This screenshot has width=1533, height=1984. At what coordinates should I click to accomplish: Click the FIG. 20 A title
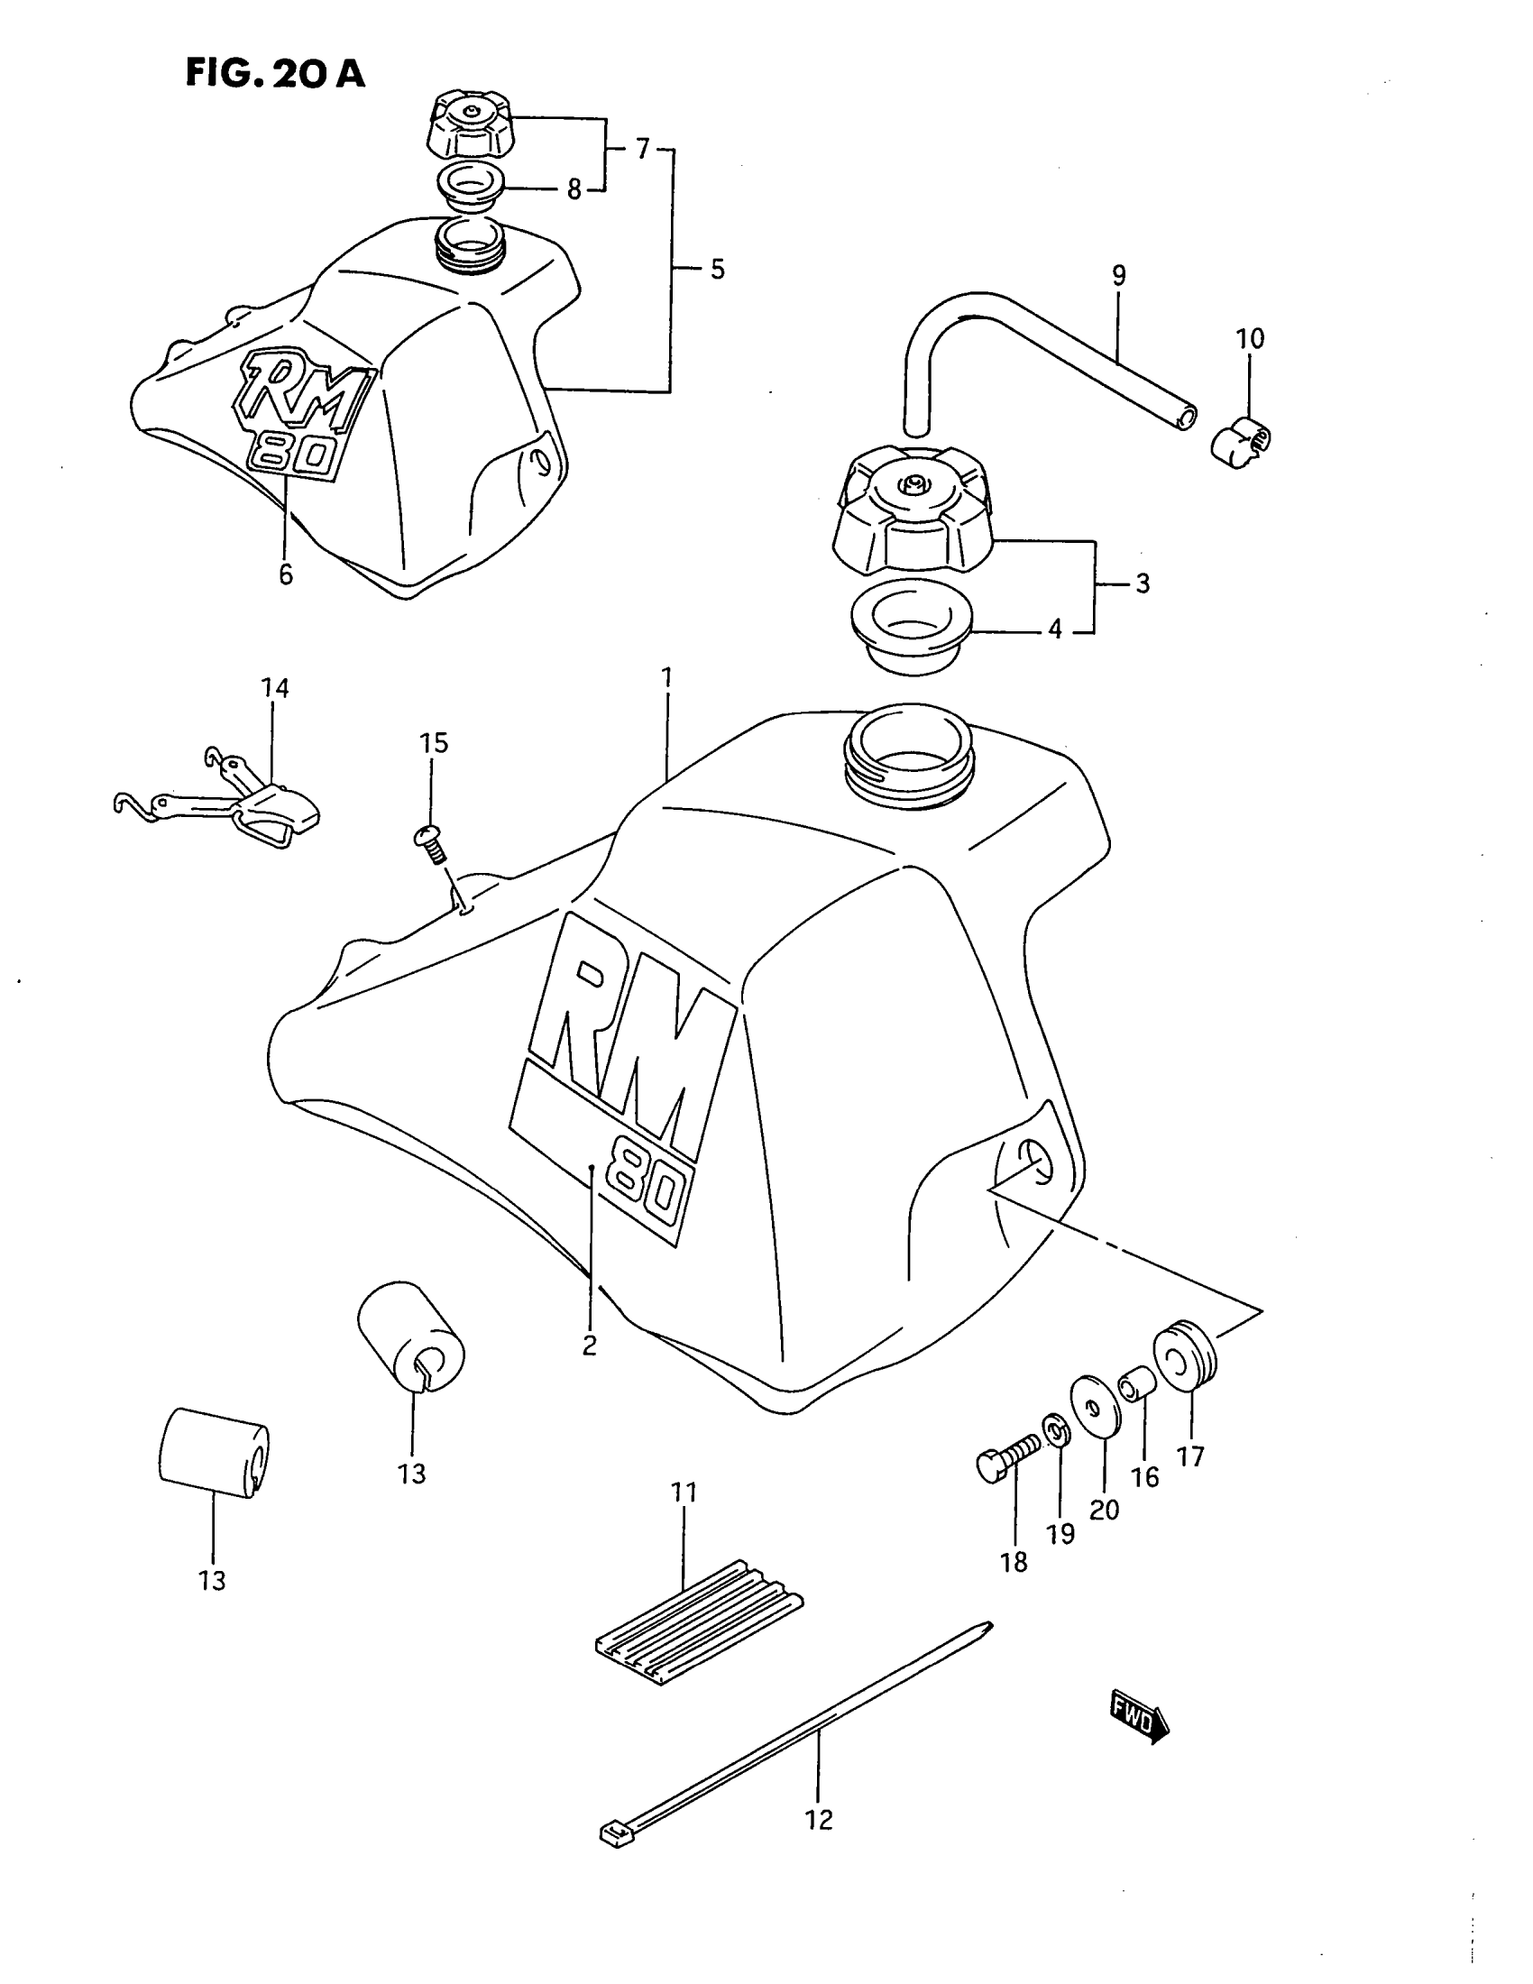(275, 73)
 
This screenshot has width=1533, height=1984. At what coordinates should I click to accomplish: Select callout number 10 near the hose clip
(1250, 339)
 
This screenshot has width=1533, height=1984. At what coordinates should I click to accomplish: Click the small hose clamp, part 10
(1242, 439)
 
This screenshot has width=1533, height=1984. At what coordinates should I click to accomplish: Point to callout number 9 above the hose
(1118, 274)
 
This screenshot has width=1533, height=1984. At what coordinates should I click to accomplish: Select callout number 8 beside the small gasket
(573, 189)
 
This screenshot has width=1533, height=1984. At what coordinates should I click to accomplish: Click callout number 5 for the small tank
(718, 269)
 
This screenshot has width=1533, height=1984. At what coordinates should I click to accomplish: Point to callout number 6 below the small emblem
(286, 574)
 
